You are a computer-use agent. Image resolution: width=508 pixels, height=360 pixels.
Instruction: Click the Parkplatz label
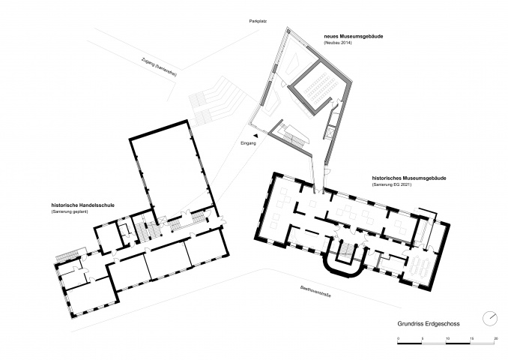pos(258,21)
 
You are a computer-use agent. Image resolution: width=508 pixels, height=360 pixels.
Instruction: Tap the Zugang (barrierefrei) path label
pos(159,67)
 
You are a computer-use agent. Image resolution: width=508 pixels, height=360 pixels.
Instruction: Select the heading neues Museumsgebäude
pos(354,36)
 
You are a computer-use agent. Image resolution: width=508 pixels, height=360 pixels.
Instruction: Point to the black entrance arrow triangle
pos(256,136)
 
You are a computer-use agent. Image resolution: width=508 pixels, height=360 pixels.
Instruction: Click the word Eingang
pos(248,143)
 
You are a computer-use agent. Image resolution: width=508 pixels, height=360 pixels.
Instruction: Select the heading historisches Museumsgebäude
pos(409,178)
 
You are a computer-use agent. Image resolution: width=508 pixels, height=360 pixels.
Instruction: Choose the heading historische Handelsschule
pos(82,205)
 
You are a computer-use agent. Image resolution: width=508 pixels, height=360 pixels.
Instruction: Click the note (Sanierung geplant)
pos(70,211)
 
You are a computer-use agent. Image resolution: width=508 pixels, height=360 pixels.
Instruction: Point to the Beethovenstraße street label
pos(315,291)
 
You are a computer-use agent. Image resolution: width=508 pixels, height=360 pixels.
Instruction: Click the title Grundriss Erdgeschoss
pos(429,324)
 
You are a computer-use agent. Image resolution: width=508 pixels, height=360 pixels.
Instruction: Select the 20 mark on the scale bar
pos(495,338)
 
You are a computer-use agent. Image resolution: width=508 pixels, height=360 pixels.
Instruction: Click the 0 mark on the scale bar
pos(398,338)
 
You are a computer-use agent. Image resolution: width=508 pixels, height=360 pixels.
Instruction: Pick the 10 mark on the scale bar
pos(447,338)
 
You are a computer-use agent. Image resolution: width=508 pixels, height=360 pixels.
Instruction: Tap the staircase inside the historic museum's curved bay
pos(346,250)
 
